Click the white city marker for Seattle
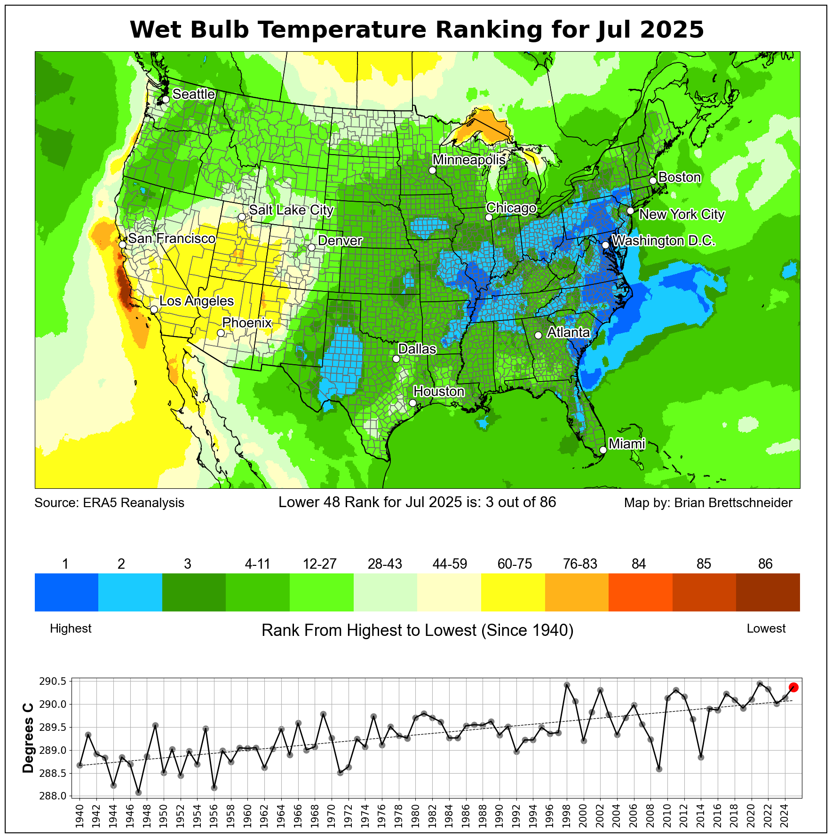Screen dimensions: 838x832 click(x=166, y=99)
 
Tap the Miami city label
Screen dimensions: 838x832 click(x=626, y=443)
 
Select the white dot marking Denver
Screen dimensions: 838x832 click(x=311, y=247)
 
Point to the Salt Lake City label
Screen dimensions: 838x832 click(x=291, y=210)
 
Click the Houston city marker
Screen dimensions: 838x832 click(x=412, y=403)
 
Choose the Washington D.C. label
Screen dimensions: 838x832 click(x=664, y=241)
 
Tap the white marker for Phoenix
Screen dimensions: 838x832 click(x=221, y=333)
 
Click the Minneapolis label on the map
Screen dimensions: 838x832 click(x=469, y=160)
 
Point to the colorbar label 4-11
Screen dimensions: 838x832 click(x=257, y=564)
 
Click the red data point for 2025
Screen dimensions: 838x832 click(x=793, y=687)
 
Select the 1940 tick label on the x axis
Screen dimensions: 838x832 click(x=79, y=818)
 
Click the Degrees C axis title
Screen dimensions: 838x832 click(x=28, y=741)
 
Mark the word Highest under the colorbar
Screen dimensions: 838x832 click(x=71, y=629)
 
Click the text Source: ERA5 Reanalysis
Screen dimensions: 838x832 click(x=109, y=503)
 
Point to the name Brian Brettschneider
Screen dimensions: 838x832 click(x=733, y=503)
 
